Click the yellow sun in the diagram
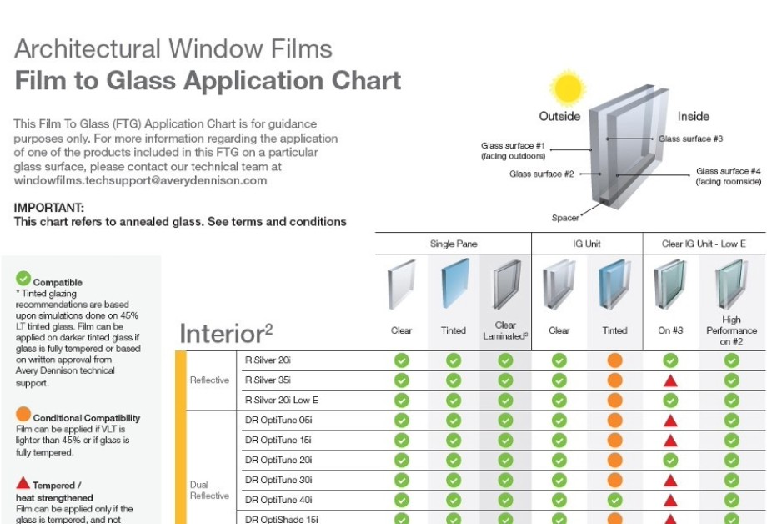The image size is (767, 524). point(568,88)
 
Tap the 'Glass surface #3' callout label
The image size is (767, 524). point(690,139)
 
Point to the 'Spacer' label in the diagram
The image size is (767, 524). point(565,218)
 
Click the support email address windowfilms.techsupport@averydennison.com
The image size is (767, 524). point(140,180)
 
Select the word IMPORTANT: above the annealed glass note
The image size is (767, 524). point(49,208)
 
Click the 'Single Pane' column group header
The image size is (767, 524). point(454,244)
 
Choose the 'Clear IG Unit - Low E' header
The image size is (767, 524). point(704,244)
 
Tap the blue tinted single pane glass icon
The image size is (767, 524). point(454,284)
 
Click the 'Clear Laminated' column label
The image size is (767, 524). point(505,330)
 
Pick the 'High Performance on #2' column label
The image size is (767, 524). point(731,330)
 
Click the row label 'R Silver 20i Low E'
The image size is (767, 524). point(282,401)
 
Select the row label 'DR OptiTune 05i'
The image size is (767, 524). point(278,421)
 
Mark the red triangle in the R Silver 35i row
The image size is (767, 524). point(670,380)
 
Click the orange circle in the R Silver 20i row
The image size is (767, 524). point(614,360)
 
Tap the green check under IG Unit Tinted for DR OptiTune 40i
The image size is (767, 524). point(614,500)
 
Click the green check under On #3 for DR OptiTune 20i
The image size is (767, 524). point(670,461)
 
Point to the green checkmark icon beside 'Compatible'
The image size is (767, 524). point(23,278)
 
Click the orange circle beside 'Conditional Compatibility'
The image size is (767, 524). point(23,414)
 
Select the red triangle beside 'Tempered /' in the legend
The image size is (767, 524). point(23,483)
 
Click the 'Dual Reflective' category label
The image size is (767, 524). point(209,491)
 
